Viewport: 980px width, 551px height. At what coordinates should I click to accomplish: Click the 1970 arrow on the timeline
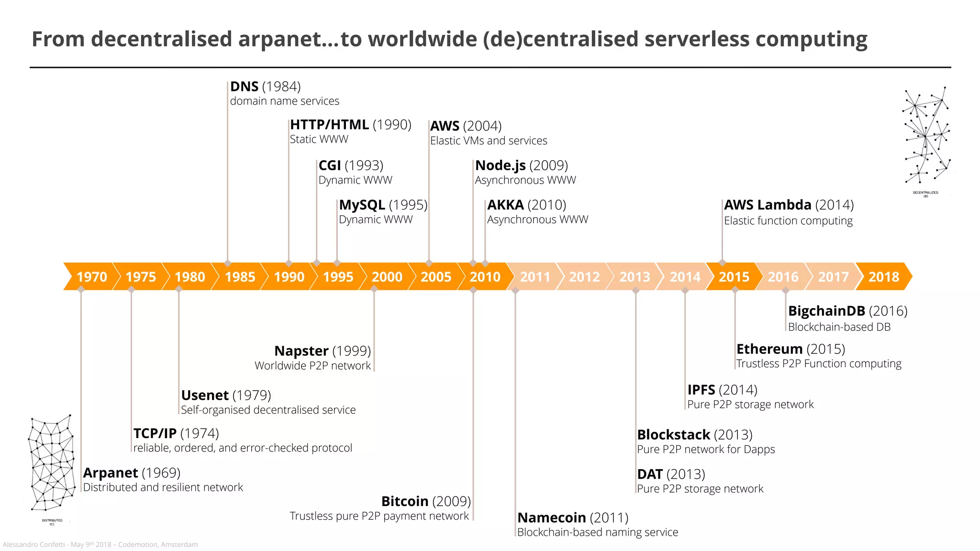click(x=91, y=276)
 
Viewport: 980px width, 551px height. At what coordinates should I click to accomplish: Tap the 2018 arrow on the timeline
click(x=883, y=276)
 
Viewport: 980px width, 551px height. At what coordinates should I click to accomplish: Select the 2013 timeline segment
click(x=635, y=276)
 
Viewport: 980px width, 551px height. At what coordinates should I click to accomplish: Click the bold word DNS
click(x=244, y=87)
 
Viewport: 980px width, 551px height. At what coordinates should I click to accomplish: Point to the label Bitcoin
click(x=405, y=501)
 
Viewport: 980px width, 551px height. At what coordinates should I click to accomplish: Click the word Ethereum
click(x=769, y=349)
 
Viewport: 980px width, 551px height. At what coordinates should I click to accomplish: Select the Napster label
click(x=301, y=351)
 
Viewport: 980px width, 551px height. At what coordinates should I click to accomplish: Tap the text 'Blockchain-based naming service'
click(x=598, y=532)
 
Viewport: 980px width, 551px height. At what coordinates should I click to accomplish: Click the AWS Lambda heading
click(x=768, y=205)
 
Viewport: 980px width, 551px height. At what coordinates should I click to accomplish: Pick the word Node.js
click(x=500, y=165)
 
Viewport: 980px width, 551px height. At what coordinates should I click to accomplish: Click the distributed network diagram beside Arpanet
click(x=52, y=464)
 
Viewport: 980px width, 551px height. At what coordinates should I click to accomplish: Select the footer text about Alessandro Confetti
click(x=100, y=544)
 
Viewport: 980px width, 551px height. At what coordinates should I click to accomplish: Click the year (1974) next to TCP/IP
click(x=200, y=433)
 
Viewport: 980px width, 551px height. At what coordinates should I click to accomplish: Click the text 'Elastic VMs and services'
click(x=489, y=141)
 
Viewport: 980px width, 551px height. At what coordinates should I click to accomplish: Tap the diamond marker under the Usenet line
click(x=179, y=289)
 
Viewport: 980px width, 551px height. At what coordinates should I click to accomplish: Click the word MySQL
click(x=362, y=205)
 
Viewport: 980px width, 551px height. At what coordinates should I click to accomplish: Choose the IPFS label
click(x=701, y=390)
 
